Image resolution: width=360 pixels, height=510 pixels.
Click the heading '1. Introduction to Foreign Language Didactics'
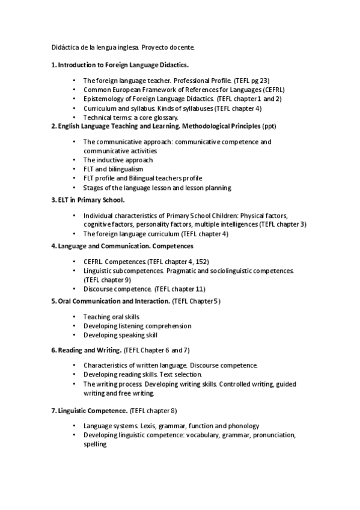[x=120, y=64]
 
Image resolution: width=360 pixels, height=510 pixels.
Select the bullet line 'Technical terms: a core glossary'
[x=130, y=117]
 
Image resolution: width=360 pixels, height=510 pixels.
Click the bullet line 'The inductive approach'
[x=118, y=160]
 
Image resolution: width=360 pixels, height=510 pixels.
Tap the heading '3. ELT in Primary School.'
[x=88, y=199]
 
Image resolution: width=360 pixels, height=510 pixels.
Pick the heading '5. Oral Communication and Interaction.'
[x=111, y=301]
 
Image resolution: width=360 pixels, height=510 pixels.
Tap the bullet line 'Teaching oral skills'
[x=111, y=316]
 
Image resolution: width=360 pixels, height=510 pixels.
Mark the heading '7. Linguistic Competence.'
[x=89, y=410]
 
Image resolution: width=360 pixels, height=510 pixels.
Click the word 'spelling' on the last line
[x=95, y=444]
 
